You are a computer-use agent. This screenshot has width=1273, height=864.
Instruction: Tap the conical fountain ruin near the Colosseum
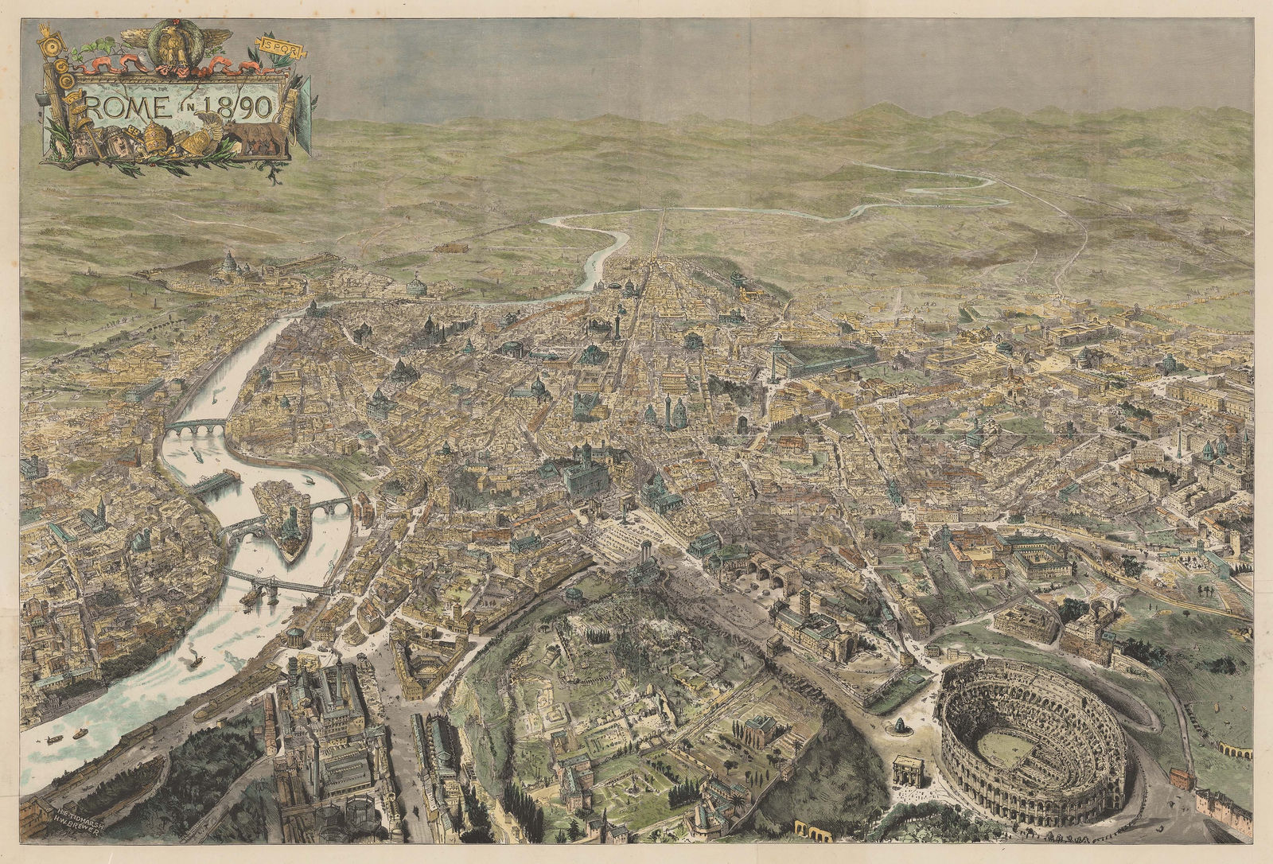tap(900, 726)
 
